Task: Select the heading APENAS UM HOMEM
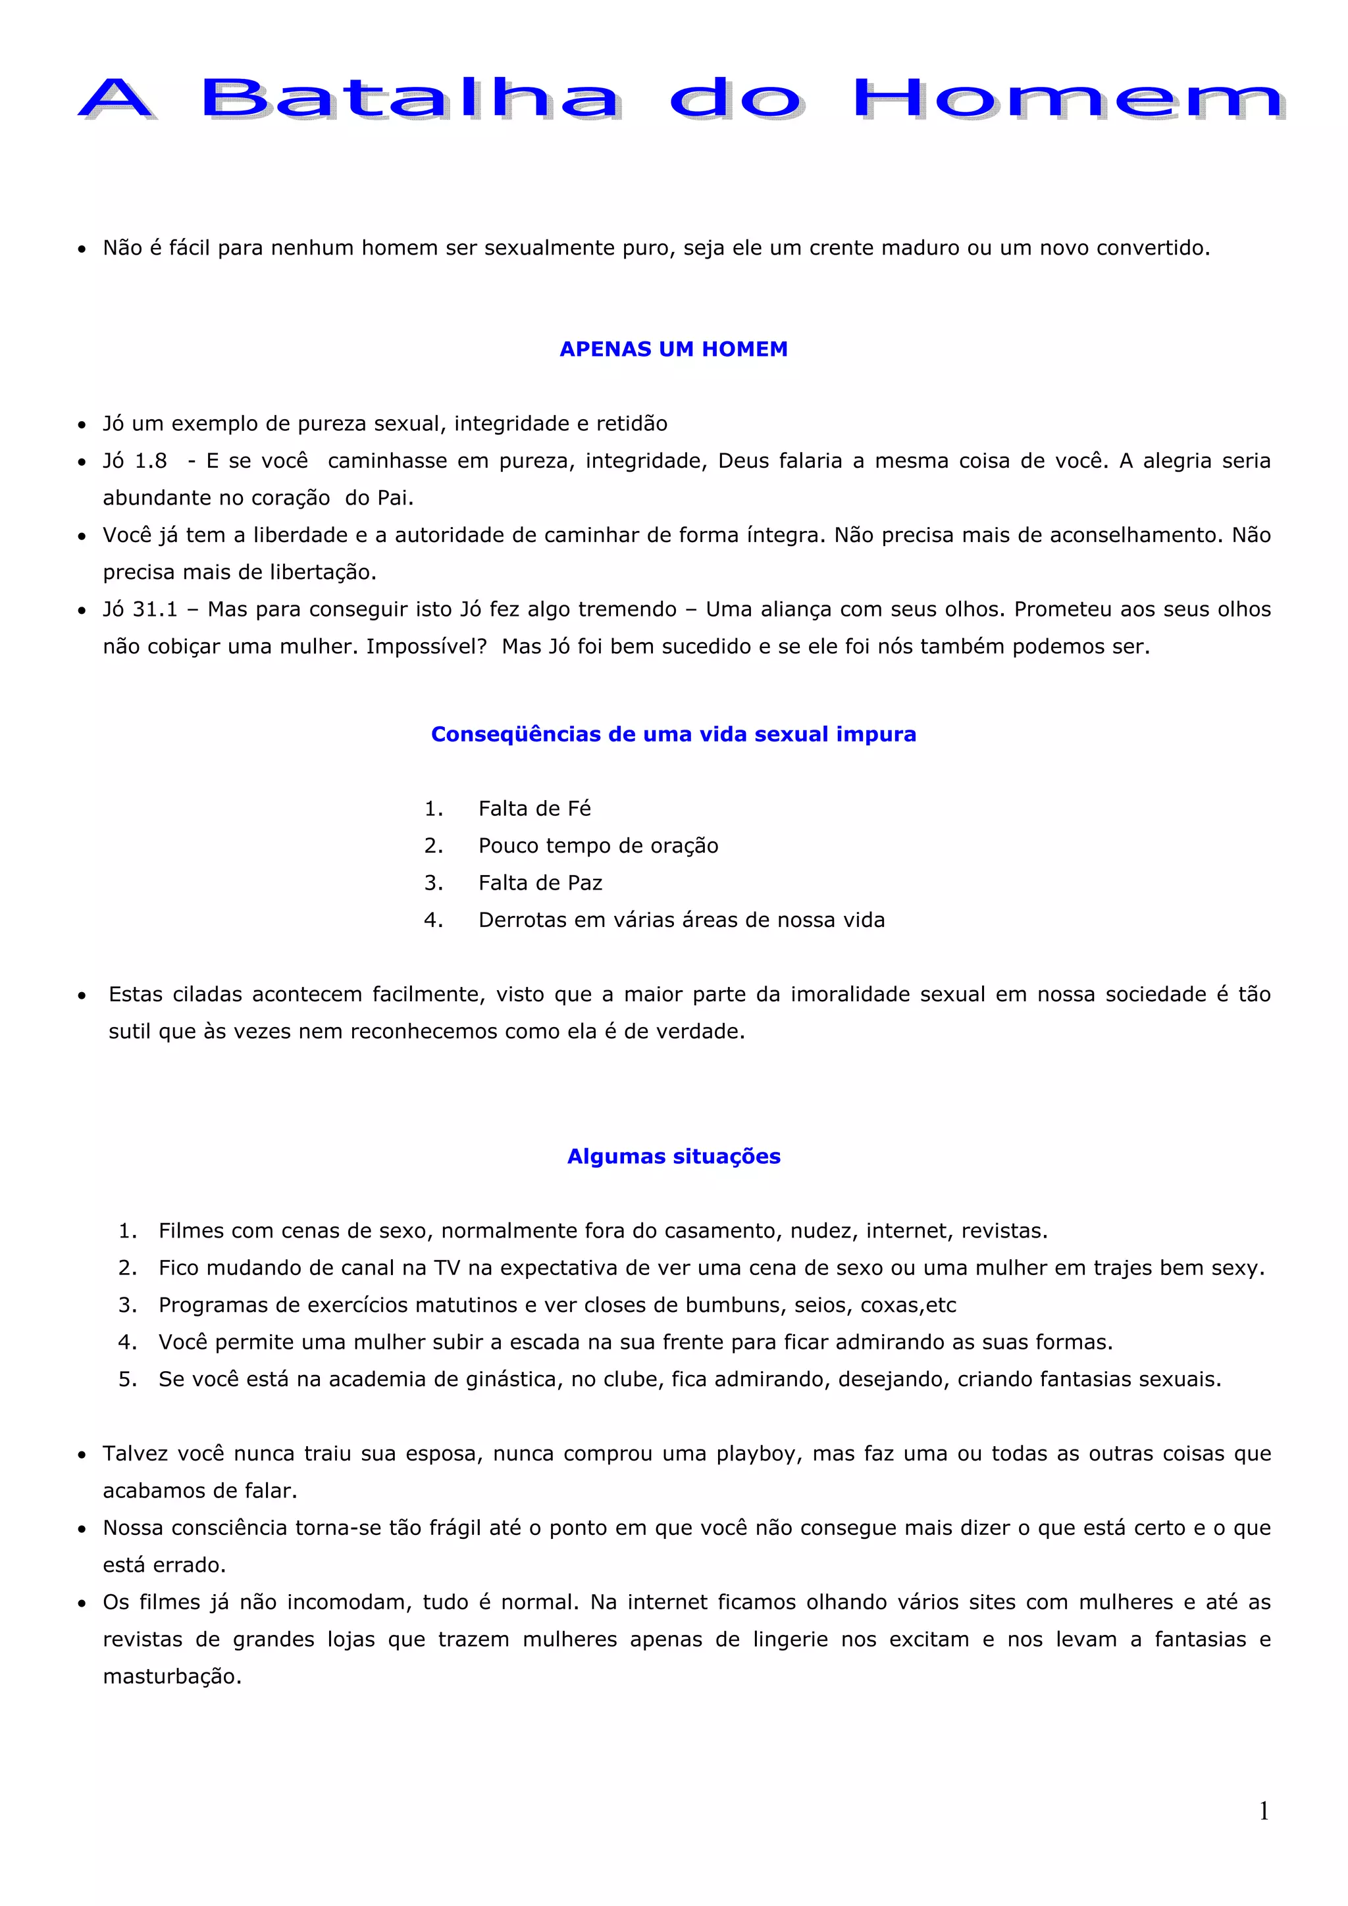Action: click(673, 349)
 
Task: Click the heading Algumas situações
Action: click(673, 1157)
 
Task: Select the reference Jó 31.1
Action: click(140, 609)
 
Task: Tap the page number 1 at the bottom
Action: click(1263, 1811)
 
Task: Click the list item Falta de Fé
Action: click(534, 809)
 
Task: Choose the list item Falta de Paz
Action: click(540, 884)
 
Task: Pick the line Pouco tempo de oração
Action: click(598, 846)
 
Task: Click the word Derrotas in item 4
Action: click(519, 920)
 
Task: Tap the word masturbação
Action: click(172, 1677)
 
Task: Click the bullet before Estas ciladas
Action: click(82, 995)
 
